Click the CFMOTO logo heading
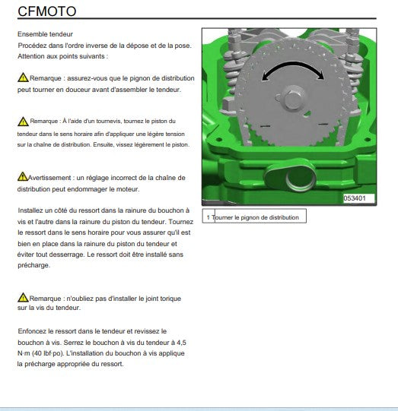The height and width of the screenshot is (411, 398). [47, 11]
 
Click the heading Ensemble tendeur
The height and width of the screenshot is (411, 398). [45, 34]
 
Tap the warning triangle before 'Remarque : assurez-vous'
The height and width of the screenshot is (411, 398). [23, 77]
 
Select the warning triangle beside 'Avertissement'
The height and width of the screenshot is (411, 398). [23, 176]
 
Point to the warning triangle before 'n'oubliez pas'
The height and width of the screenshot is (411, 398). [23, 297]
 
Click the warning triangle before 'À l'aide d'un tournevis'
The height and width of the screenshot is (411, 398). [23, 122]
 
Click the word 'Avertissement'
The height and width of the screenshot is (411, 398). [49, 178]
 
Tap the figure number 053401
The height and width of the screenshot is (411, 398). [355, 198]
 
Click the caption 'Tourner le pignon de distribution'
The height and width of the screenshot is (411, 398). [255, 217]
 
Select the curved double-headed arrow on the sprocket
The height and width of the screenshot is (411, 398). [293, 63]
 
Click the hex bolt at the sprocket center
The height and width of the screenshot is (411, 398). [292, 99]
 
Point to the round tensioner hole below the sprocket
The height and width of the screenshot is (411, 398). [300, 179]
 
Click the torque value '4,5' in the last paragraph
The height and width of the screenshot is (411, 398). [181, 343]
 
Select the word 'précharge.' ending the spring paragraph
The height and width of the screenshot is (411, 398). [34, 265]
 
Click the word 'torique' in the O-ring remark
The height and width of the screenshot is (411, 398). [170, 299]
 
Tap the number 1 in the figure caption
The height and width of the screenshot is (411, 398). [209, 217]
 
